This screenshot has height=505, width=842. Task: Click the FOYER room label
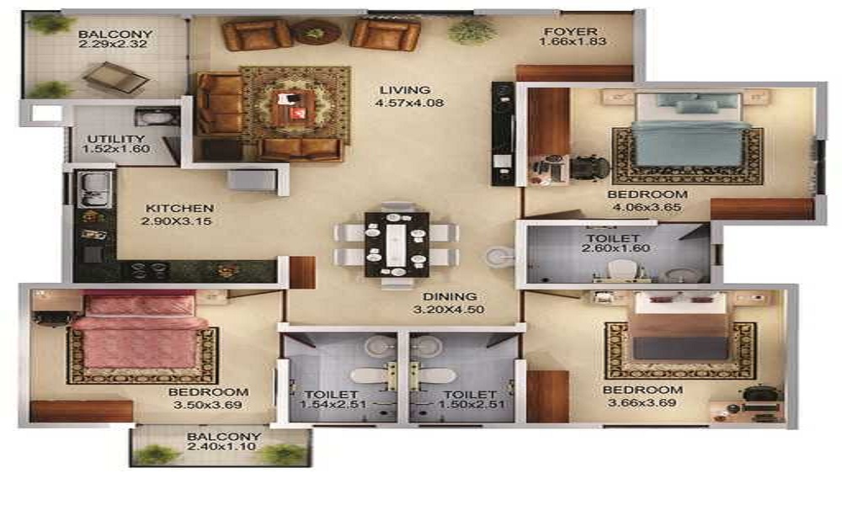(x=570, y=32)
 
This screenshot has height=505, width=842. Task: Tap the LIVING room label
(x=405, y=90)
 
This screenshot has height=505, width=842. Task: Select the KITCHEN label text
(x=179, y=208)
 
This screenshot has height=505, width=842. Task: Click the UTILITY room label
(x=116, y=139)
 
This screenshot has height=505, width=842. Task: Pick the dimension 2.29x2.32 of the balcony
(x=113, y=44)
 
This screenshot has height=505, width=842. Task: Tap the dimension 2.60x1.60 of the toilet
(x=616, y=248)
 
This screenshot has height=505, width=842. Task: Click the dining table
(x=397, y=245)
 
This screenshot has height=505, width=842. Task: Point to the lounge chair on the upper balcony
(x=116, y=77)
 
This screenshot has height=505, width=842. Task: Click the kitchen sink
(x=94, y=190)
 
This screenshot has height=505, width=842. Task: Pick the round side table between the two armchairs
(x=315, y=33)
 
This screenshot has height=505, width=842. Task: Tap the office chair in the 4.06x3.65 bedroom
(x=590, y=168)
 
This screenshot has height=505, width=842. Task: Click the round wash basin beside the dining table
(x=500, y=256)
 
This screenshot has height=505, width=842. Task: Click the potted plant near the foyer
(x=465, y=31)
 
